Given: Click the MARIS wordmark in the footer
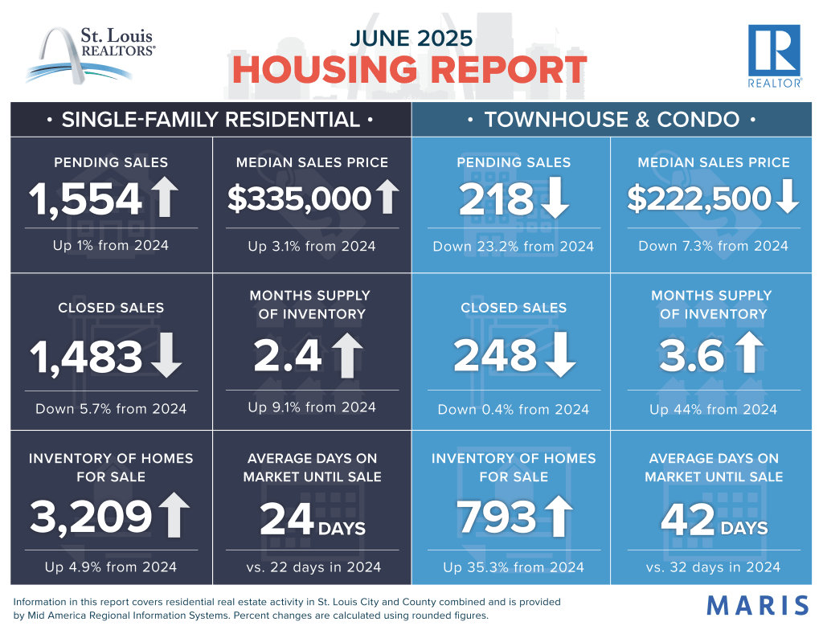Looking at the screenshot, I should pyautogui.click(x=757, y=605).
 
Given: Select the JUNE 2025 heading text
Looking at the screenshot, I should pyautogui.click(x=410, y=37).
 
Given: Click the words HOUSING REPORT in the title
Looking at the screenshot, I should pyautogui.click(x=410, y=71).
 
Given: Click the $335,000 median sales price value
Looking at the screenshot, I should pyautogui.click(x=299, y=198).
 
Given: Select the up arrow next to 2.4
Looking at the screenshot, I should pyautogui.click(x=346, y=356).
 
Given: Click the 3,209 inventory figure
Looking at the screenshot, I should pyautogui.click(x=91, y=517).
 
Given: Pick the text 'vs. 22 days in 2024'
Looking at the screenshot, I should pyautogui.click(x=313, y=567).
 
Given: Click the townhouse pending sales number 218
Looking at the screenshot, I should pyautogui.click(x=496, y=198).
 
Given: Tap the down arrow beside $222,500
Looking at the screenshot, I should pyautogui.click(x=788, y=198).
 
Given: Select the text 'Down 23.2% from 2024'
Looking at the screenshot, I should pyautogui.click(x=513, y=246).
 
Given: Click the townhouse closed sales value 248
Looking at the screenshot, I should pyautogui.click(x=494, y=357).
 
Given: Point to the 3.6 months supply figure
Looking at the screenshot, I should pyautogui.click(x=690, y=357).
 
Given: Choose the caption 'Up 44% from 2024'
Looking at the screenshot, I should pyautogui.click(x=713, y=409).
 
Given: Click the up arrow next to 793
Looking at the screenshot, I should pyautogui.click(x=559, y=517).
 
